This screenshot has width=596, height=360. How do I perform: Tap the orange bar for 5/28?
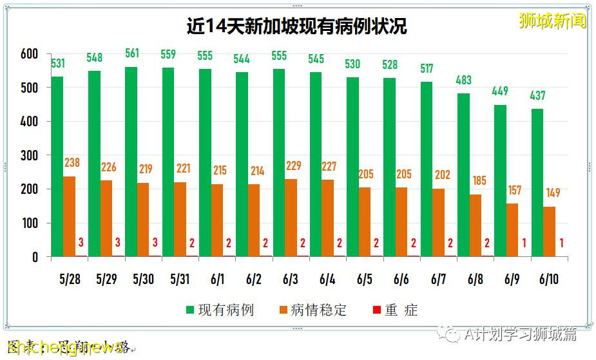point(70,216)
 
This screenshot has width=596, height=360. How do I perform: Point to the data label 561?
point(131,53)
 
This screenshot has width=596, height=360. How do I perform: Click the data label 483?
point(463,80)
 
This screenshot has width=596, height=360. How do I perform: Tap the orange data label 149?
point(553,193)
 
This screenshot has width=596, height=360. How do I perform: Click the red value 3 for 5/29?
point(118,242)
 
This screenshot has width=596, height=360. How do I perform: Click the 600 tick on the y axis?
point(30,53)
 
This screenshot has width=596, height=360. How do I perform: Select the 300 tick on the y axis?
point(30,155)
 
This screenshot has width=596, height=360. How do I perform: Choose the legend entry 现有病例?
point(219,310)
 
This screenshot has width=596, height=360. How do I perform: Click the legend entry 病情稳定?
point(312,310)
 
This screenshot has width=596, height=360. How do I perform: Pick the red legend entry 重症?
point(395,310)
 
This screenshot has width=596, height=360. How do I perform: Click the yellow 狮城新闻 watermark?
point(553,21)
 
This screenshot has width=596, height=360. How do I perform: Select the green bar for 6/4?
point(316,164)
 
